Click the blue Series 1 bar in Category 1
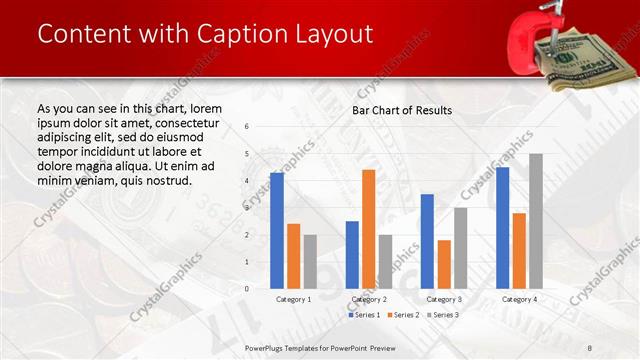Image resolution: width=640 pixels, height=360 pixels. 277,231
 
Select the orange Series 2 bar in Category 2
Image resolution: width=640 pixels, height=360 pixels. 368,229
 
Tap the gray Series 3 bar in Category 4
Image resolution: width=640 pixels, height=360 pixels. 536,221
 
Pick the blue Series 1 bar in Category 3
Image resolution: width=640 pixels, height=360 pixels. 427,241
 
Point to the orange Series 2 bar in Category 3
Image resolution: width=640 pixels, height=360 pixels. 444,264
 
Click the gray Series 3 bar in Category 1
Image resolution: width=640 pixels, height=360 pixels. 310,262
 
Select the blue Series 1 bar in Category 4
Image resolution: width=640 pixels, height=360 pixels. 502,228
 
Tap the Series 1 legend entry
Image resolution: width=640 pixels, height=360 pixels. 366,315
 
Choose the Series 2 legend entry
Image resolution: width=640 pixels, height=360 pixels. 404,315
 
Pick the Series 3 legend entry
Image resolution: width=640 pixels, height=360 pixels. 442,315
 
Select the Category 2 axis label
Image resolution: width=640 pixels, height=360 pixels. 369,299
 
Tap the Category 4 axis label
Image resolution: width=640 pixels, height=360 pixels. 519,299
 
